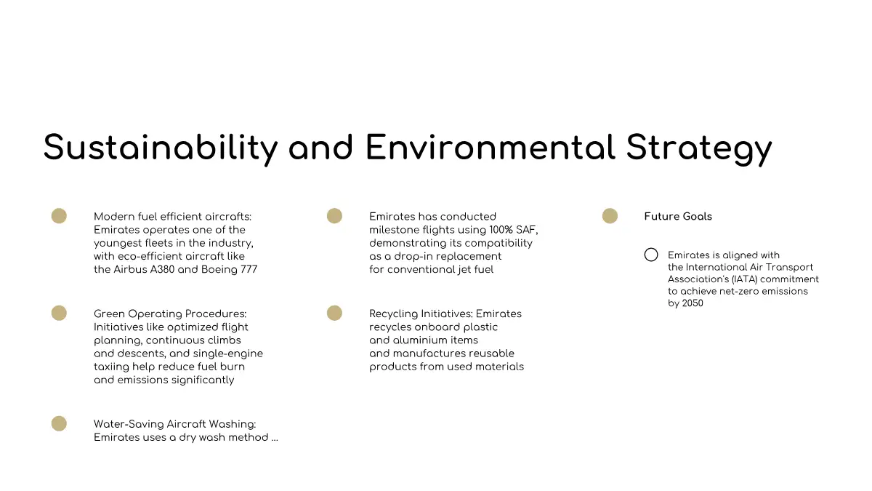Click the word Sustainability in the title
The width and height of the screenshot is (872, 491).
(x=161, y=148)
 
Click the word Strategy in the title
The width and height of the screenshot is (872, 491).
(x=699, y=148)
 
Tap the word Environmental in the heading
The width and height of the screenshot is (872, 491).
(x=490, y=147)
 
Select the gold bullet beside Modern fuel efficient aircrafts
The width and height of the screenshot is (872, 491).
(x=59, y=216)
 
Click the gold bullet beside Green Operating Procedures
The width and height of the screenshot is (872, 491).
(x=59, y=313)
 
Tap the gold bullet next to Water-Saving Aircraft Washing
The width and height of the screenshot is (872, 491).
(x=59, y=423)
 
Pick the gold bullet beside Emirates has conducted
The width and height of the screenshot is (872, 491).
(x=334, y=216)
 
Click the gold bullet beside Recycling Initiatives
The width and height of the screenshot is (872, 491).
(x=334, y=313)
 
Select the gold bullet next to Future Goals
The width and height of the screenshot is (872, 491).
(x=610, y=216)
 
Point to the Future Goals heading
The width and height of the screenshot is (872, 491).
(x=678, y=217)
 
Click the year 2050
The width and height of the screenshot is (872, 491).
(x=693, y=303)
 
